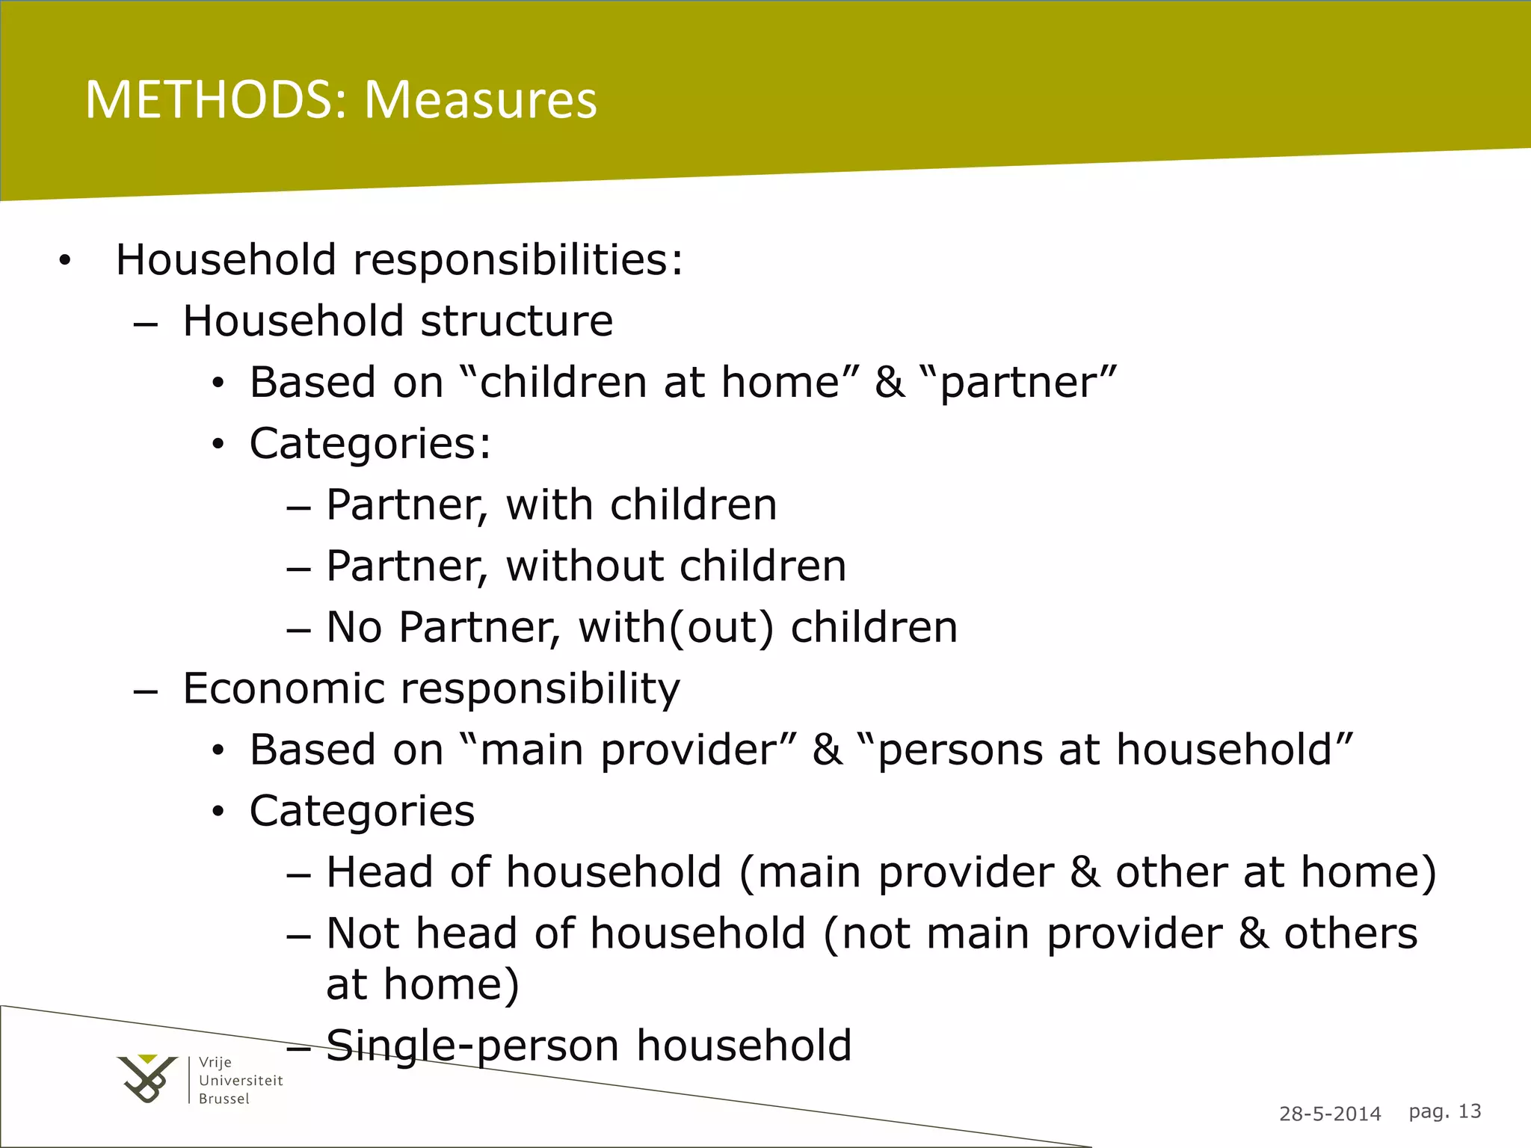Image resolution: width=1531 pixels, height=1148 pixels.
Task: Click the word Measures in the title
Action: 481,99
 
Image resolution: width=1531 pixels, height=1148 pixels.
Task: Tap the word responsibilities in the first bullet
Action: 517,260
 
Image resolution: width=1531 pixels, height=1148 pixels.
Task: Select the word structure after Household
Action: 517,321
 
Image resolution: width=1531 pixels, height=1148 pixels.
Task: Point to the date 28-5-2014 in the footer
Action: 1330,1114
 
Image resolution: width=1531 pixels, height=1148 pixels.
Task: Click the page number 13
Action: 1469,1111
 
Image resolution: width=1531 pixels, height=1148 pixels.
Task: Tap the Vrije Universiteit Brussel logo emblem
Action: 147,1078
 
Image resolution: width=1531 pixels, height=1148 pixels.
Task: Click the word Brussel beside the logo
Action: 224,1099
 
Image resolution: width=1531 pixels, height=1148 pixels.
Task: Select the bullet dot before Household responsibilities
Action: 65,261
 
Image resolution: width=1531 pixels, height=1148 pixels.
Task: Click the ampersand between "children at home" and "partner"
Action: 889,383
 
